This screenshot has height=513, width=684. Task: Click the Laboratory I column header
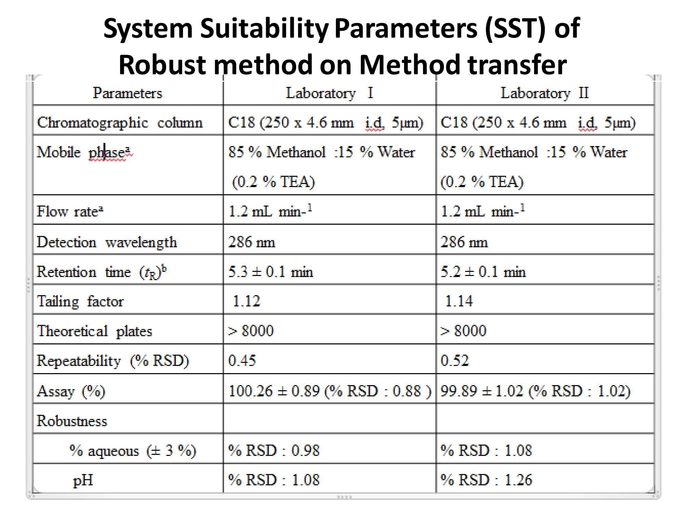(x=329, y=93)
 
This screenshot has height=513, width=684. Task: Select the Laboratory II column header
(x=544, y=93)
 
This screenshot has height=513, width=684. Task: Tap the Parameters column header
(x=127, y=93)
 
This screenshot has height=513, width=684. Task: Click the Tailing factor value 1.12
(x=246, y=301)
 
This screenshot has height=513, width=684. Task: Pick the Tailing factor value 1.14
(x=459, y=301)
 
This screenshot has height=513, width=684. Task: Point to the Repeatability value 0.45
(x=242, y=360)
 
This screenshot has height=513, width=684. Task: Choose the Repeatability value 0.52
(x=455, y=360)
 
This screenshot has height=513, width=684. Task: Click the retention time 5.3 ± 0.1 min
(x=271, y=272)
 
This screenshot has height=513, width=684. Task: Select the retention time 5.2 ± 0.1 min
(x=483, y=272)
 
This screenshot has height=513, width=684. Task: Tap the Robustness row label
(x=72, y=421)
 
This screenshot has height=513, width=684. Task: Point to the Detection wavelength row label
(x=107, y=242)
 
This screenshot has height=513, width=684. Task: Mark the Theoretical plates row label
(x=94, y=331)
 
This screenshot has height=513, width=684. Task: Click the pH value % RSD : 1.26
(x=486, y=480)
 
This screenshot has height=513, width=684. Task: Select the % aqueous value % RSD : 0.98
(x=274, y=450)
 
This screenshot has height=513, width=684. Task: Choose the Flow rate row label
(x=70, y=211)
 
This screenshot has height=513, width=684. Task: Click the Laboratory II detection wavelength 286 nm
(x=464, y=242)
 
